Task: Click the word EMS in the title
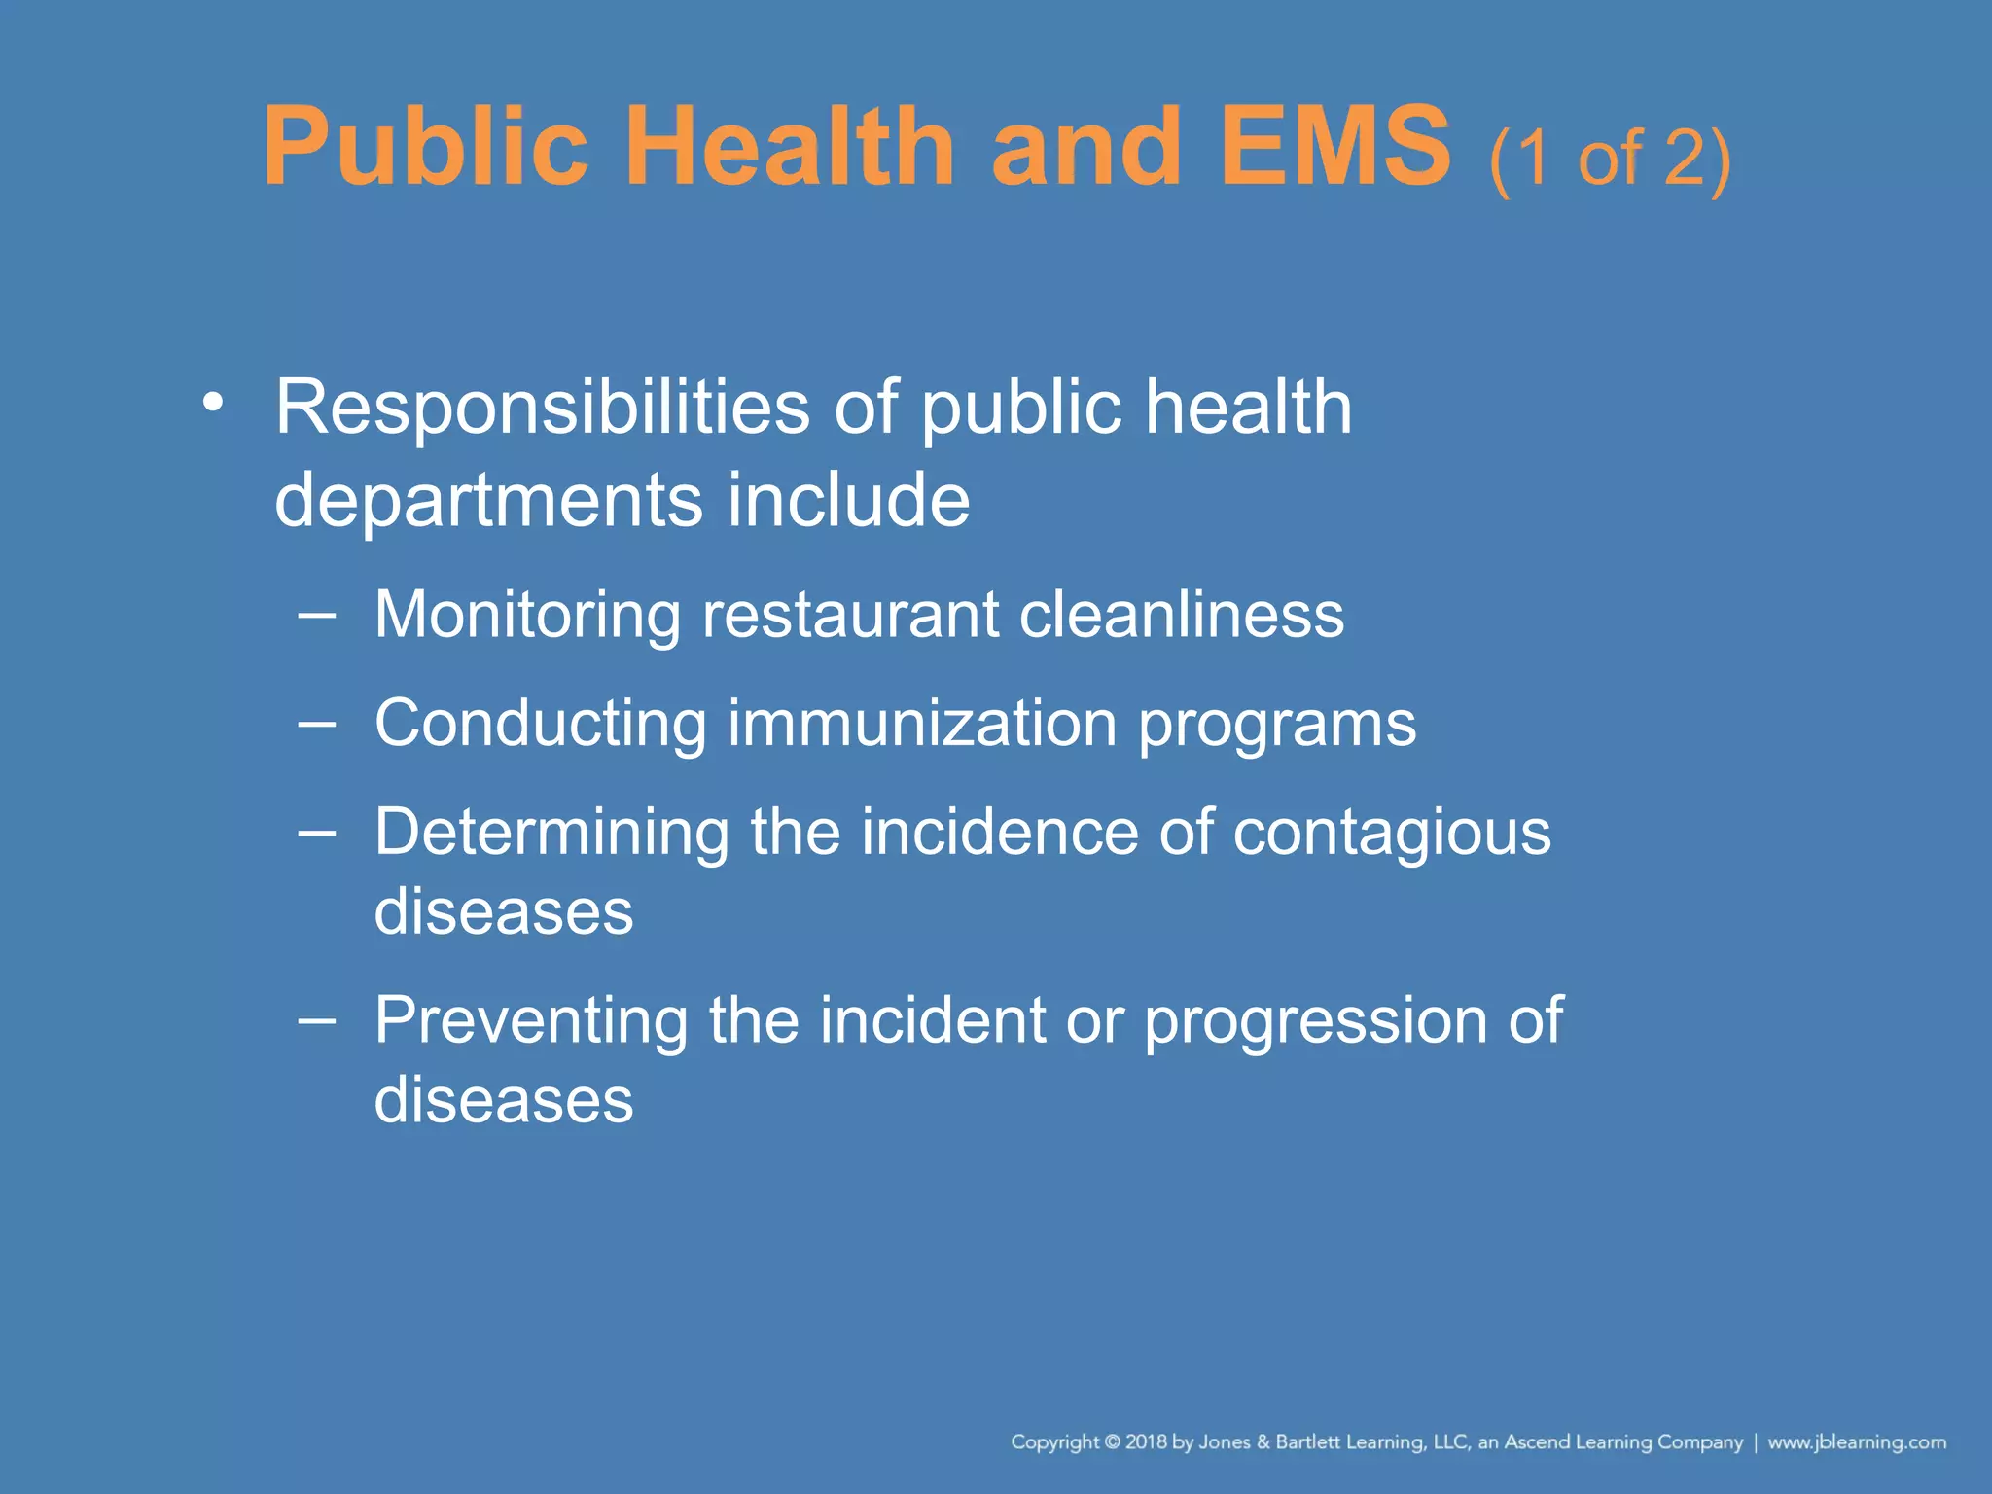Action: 1334,148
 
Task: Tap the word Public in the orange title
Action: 426,148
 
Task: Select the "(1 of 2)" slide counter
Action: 1610,159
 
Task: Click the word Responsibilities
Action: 542,409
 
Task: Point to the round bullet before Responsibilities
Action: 213,402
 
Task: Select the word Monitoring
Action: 527,617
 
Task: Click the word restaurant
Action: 850,615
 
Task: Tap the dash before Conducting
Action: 317,724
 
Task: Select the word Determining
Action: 551,835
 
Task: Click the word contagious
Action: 1392,835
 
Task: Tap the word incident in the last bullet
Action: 932,1020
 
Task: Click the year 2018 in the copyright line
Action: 1146,1441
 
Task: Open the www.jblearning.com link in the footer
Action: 1857,1441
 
